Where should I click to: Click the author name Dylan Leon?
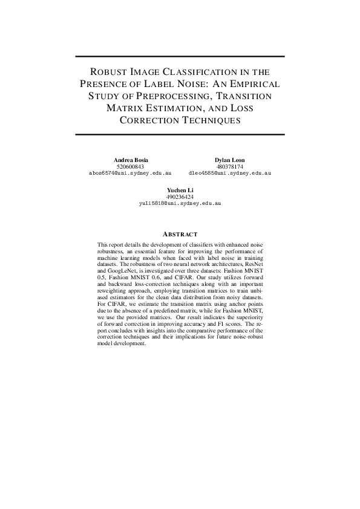pos(230,160)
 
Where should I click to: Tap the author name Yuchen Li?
pos(180,190)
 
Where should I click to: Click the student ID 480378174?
pos(230,166)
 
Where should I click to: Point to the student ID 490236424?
pos(180,197)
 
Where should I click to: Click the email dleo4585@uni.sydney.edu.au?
pos(230,173)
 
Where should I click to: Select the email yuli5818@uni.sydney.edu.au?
pos(180,204)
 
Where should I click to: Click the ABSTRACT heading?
pos(180,234)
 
